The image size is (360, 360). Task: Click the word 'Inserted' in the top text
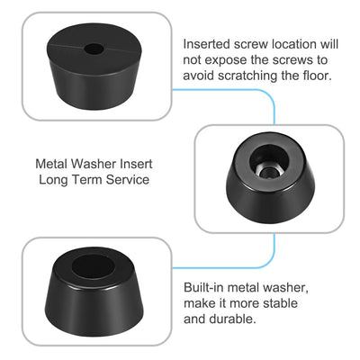(x=208, y=43)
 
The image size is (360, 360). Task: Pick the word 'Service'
(x=123, y=180)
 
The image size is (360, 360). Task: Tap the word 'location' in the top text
(x=303, y=43)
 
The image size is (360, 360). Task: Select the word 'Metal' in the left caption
(x=52, y=165)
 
